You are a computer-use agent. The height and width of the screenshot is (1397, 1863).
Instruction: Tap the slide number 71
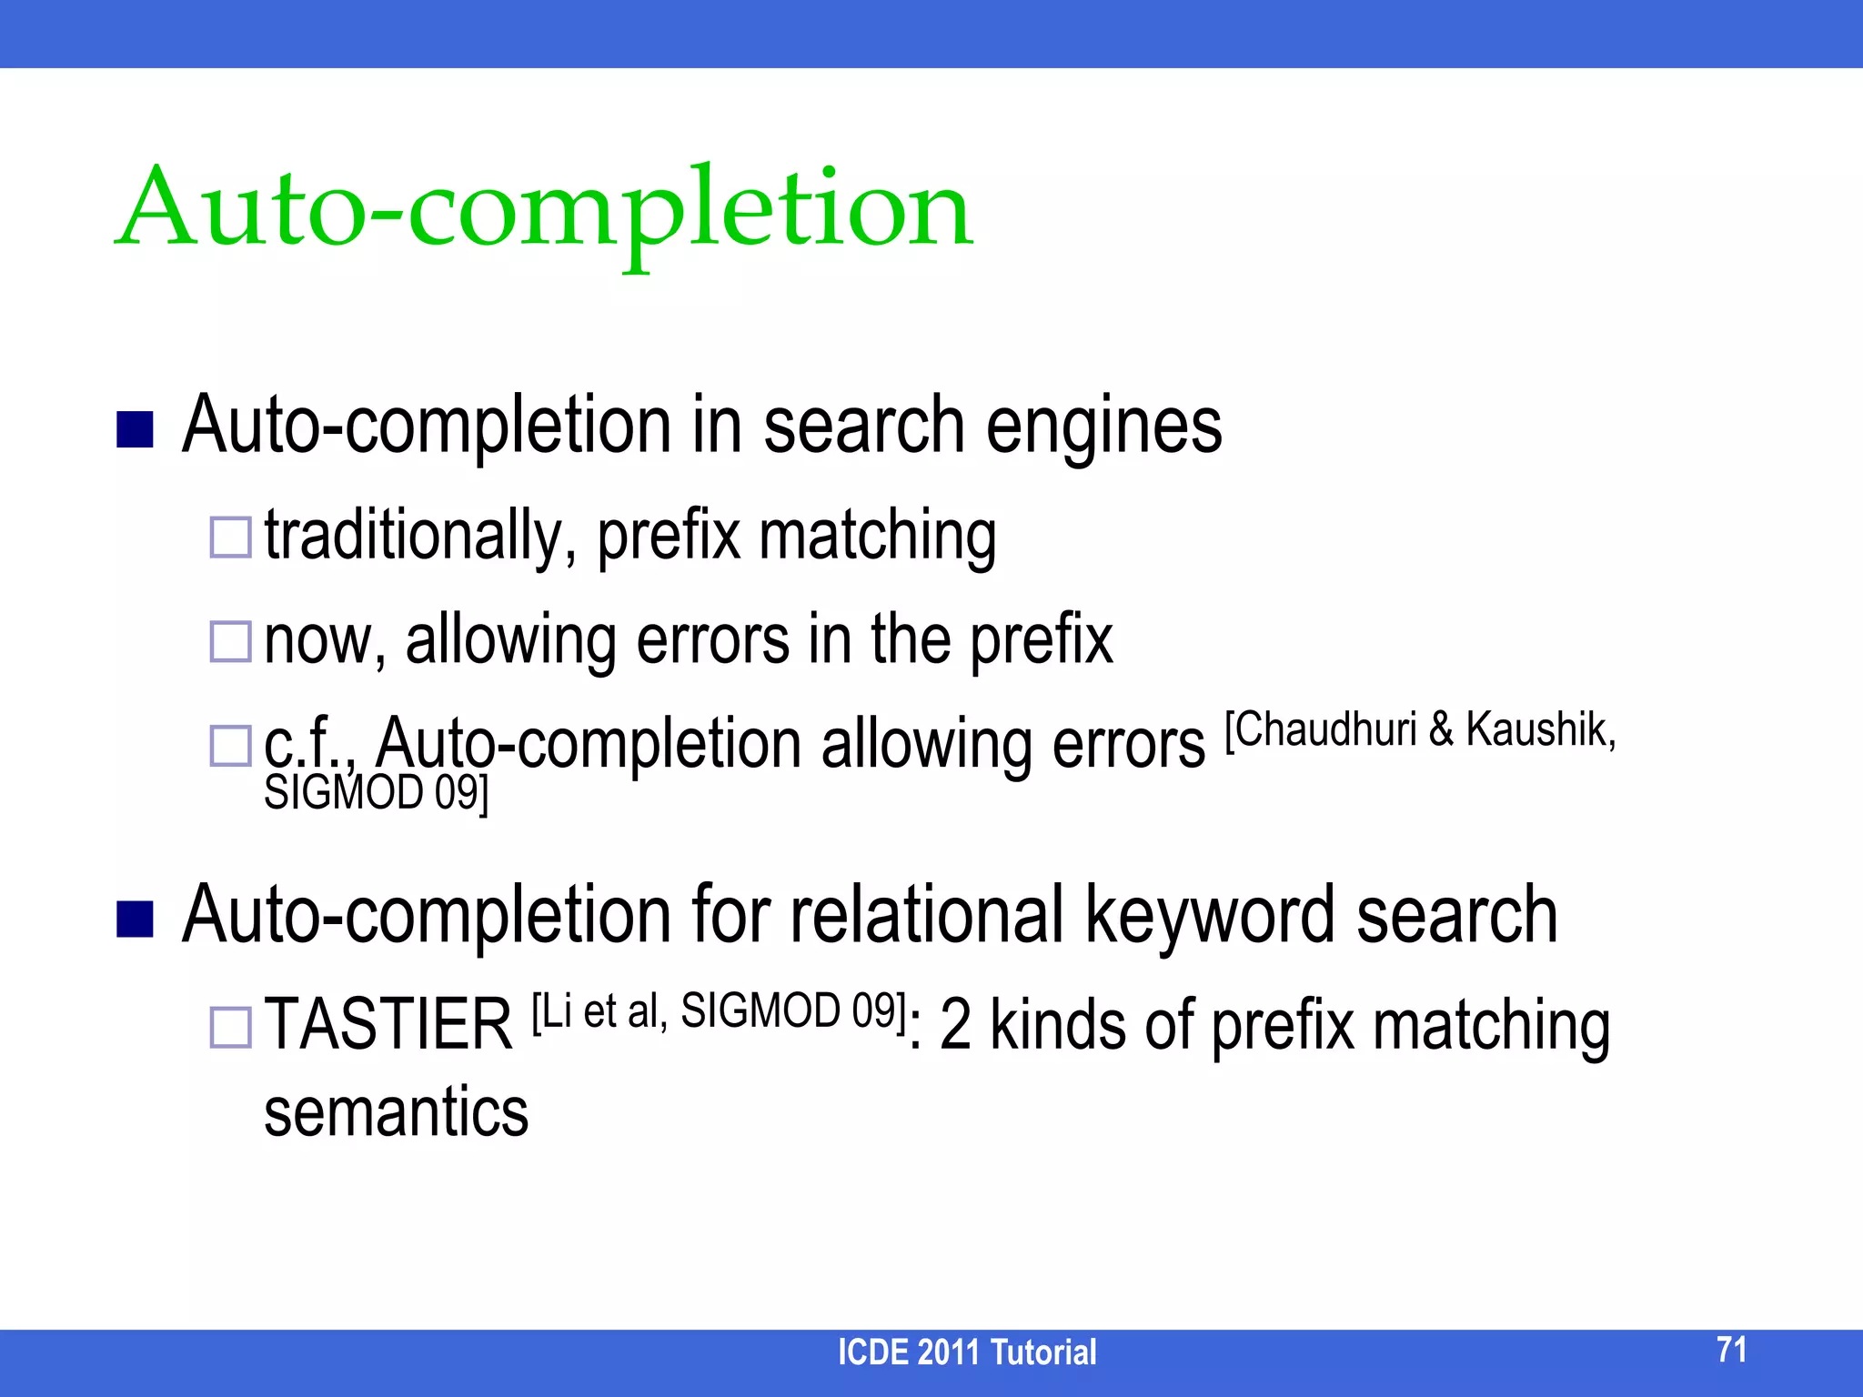coord(1731,1350)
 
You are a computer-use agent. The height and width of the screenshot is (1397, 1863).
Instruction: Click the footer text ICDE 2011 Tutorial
coord(966,1352)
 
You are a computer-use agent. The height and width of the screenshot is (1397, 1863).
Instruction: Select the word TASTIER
coord(388,1025)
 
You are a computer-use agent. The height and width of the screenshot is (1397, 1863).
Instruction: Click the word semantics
coord(396,1112)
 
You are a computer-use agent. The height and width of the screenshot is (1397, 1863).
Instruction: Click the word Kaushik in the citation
coord(1540,729)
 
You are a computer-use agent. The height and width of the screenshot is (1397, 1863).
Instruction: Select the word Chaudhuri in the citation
coord(1324,729)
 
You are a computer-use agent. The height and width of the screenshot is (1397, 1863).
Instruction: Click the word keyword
coord(1210,915)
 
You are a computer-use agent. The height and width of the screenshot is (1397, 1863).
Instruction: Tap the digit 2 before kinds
coord(954,1025)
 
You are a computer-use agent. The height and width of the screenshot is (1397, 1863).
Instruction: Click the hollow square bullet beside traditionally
coord(230,537)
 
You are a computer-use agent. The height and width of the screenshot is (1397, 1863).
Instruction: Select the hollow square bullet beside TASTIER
coord(230,1027)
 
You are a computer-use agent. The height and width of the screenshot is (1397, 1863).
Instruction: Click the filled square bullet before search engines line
coord(135,430)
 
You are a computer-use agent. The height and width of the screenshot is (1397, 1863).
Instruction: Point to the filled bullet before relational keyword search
coord(135,919)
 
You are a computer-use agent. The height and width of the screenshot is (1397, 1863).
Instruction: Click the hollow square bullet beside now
coord(230,641)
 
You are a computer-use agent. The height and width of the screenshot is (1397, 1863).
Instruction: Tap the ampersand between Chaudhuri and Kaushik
coord(1441,729)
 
